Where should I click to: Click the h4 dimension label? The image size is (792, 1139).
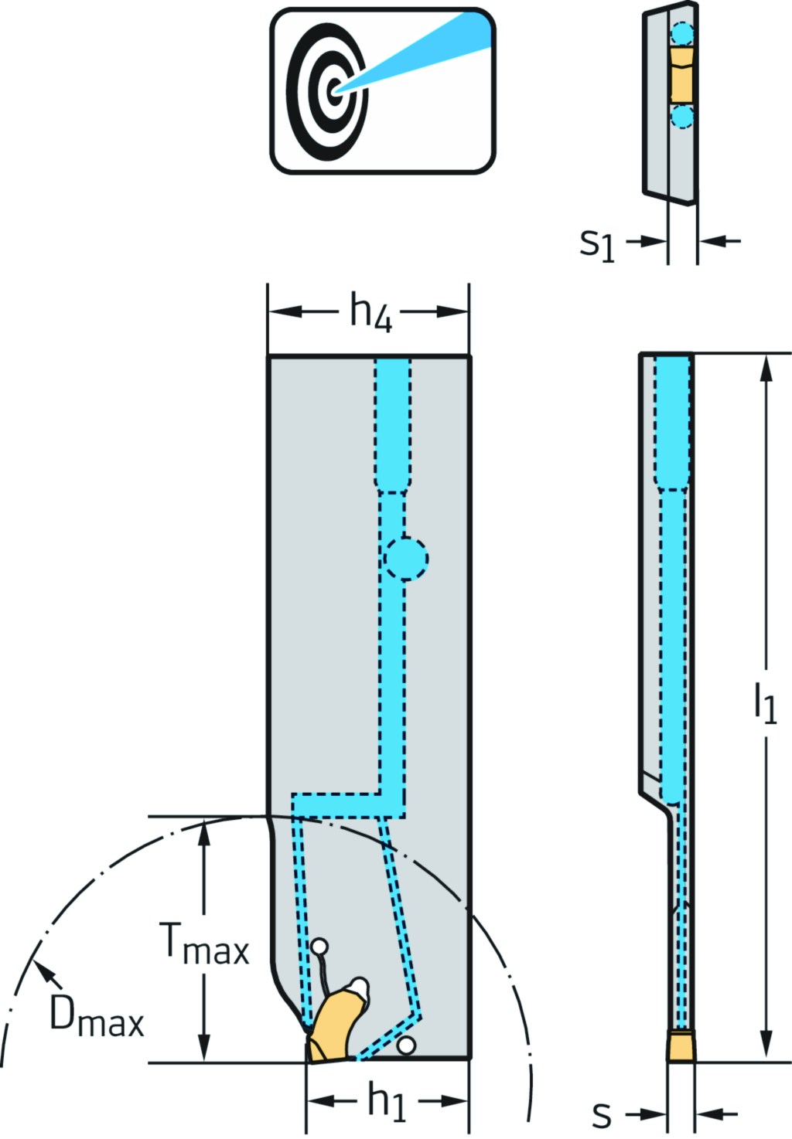(371, 313)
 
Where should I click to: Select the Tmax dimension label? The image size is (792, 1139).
(204, 944)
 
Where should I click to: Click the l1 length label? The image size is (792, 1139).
(765, 704)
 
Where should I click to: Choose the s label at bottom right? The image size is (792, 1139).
(602, 1114)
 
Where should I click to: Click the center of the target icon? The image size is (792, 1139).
(334, 90)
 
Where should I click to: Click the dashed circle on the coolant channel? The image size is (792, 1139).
(405, 558)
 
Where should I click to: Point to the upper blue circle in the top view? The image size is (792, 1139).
(682, 33)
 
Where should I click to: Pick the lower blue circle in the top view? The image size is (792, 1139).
(682, 117)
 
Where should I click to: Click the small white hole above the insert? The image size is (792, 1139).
(319, 946)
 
